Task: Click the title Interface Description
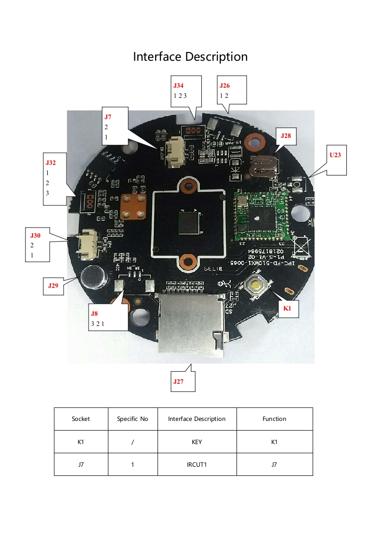click(x=190, y=57)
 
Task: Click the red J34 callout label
click(x=178, y=85)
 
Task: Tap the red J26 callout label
click(x=224, y=85)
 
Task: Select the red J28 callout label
click(x=286, y=136)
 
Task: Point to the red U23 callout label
click(x=335, y=155)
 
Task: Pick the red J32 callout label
click(x=51, y=162)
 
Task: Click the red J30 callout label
click(x=36, y=235)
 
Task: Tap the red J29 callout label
click(x=53, y=285)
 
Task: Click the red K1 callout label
click(x=287, y=309)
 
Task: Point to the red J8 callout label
click(x=94, y=313)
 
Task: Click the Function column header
click(x=274, y=419)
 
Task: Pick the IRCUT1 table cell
click(x=197, y=465)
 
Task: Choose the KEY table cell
click(x=197, y=442)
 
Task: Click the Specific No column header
click(x=132, y=419)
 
